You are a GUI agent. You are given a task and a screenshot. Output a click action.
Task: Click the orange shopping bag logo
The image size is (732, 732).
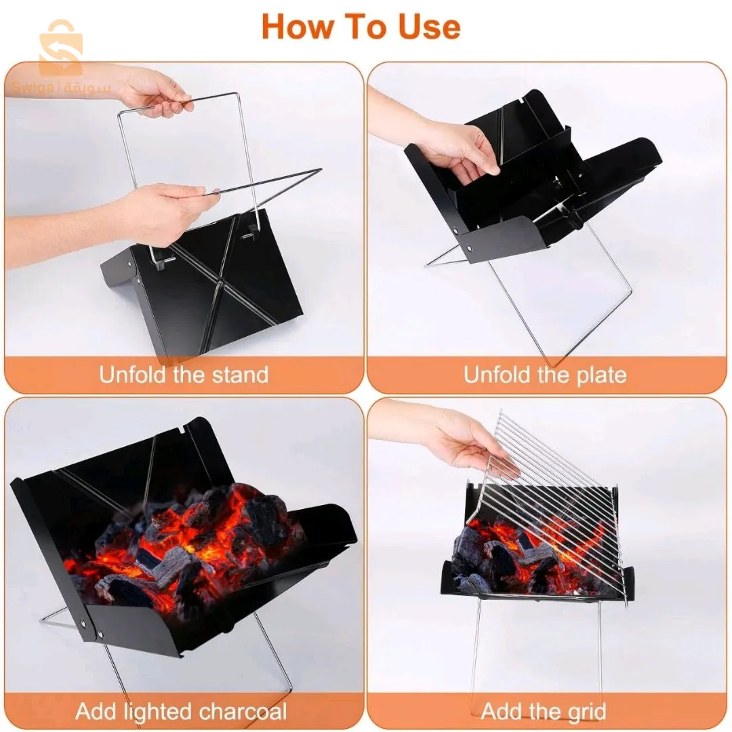[60, 47]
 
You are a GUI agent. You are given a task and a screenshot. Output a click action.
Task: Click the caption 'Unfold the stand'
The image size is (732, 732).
[184, 375]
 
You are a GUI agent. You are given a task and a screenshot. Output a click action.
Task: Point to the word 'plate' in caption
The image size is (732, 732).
[596, 375]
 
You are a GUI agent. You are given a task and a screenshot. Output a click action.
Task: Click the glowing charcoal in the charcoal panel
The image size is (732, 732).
[197, 542]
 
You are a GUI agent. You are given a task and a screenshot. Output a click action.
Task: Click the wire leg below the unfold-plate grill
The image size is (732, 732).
[563, 305]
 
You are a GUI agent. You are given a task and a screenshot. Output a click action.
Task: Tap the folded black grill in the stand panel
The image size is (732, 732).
[224, 291]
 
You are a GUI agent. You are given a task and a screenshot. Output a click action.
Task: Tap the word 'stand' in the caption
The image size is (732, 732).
[239, 375]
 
